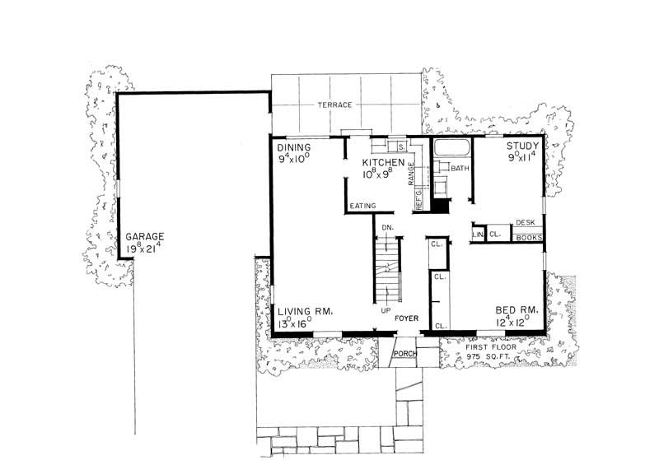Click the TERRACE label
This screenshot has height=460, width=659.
click(x=336, y=105)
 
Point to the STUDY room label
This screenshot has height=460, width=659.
click(x=522, y=146)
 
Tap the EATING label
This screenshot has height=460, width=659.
click(x=363, y=206)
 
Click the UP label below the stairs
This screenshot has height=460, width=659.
click(x=385, y=310)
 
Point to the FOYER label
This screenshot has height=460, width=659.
click(x=408, y=317)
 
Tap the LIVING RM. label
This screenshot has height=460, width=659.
click(x=304, y=311)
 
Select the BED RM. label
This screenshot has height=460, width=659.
click(x=517, y=310)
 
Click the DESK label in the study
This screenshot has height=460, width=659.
click(x=525, y=223)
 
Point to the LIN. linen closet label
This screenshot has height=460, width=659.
click(x=477, y=235)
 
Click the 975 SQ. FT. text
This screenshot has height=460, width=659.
click(x=491, y=357)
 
